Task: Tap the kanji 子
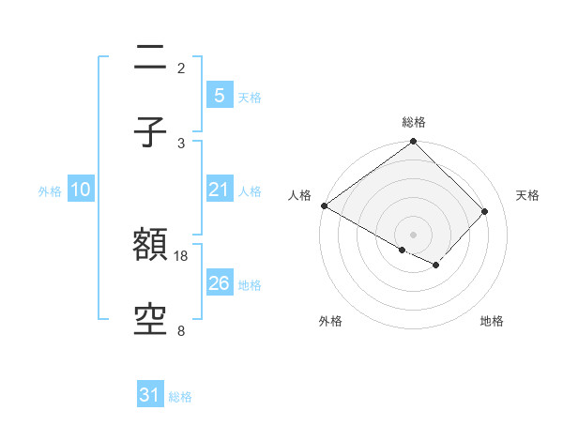(x=151, y=132)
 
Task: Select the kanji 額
(x=151, y=246)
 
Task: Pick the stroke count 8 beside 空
(x=181, y=330)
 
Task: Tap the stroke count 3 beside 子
(x=181, y=143)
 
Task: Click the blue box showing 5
(x=219, y=96)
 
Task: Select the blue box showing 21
(x=219, y=190)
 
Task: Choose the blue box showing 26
(x=219, y=283)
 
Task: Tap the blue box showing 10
(x=81, y=190)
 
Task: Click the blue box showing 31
(x=150, y=396)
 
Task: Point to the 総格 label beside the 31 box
(x=180, y=397)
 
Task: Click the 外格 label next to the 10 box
(x=50, y=190)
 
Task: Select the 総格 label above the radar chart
(x=414, y=122)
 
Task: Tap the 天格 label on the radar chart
(x=528, y=195)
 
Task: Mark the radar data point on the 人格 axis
(x=324, y=205)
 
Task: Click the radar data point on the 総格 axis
(x=414, y=143)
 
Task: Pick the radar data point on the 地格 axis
(x=436, y=266)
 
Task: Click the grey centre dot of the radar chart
(x=414, y=234)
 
